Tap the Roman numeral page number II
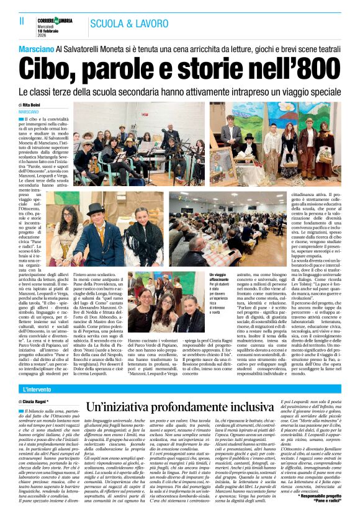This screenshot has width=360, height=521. pyautogui.click(x=13, y=23)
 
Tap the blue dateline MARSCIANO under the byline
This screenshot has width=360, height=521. pyautogui.click(x=32, y=112)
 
